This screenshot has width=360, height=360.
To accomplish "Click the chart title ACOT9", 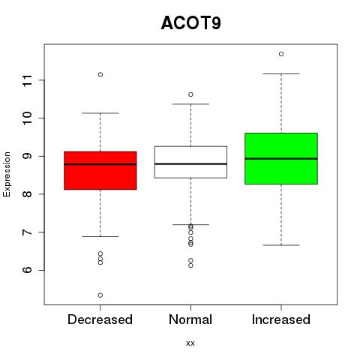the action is (x=191, y=23).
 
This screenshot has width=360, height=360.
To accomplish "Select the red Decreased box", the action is (x=100, y=170).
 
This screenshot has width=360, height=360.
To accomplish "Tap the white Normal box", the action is (x=190, y=162).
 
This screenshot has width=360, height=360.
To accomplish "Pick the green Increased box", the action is (x=281, y=158).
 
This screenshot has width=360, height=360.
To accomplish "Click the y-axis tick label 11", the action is (x=28, y=80).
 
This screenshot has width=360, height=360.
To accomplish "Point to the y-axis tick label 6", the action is (x=28, y=270).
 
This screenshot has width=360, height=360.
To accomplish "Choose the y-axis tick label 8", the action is (x=28, y=194).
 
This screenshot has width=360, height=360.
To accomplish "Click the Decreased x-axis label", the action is (x=100, y=319).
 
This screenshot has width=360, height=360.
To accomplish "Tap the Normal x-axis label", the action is (x=190, y=319).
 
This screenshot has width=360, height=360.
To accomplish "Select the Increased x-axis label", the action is (x=281, y=319).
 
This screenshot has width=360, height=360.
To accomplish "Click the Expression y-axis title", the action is (x=7, y=174).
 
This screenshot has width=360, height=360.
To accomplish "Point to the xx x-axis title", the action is (x=190, y=343).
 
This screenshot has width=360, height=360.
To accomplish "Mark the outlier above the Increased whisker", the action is (x=281, y=54).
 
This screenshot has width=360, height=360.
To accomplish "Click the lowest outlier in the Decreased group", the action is (x=100, y=295).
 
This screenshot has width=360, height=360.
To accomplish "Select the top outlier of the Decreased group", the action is (x=100, y=74).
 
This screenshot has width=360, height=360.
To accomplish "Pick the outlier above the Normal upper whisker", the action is (x=190, y=94).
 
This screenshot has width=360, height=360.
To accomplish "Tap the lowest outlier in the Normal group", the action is (x=190, y=265).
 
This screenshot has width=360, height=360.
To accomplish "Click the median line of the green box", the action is (x=281, y=159).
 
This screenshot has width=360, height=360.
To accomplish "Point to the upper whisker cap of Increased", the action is (x=281, y=73).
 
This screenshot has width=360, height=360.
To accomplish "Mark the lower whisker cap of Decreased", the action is (x=100, y=236).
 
